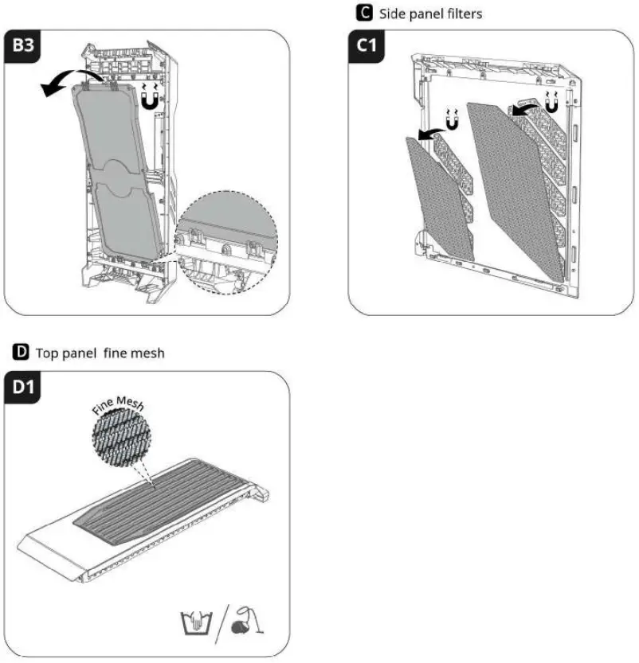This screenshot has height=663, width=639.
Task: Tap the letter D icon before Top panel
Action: (22, 352)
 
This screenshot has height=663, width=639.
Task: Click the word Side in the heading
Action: (393, 14)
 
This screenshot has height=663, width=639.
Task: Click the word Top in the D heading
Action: (48, 353)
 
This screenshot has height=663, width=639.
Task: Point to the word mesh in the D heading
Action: (149, 353)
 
